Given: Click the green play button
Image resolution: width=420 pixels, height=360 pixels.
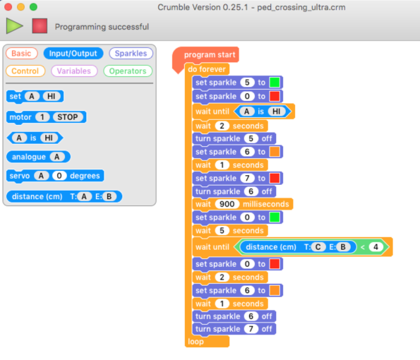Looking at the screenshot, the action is coord(14,26).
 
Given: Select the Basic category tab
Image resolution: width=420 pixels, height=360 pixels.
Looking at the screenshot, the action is coord(21,54).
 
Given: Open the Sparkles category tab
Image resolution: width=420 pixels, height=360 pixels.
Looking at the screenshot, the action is coord(131,54).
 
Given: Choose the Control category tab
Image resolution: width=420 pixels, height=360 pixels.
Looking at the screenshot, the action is coord(25,71).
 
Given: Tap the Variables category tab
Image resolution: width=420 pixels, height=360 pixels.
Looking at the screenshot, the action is coord(74,71).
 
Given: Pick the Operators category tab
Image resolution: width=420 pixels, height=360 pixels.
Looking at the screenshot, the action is coord(128,71).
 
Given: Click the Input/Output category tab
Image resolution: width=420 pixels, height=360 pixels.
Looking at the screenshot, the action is coord(73,54).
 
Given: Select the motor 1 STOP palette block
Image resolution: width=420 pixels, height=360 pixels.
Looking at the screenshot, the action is coord(46,117).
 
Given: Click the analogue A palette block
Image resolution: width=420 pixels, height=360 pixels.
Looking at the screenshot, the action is coord(38,157).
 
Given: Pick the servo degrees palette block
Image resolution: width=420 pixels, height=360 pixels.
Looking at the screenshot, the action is coord(55,176).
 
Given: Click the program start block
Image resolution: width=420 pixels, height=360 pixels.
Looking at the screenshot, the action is coord(205,55).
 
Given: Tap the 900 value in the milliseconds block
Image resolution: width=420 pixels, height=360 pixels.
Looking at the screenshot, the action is coord(227,204).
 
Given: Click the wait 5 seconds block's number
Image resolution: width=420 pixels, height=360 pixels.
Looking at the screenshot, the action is coord(222,231).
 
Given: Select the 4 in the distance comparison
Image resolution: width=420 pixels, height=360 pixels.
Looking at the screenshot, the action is coord(376,246).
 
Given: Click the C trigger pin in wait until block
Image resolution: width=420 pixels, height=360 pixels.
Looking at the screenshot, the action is coord(318,246).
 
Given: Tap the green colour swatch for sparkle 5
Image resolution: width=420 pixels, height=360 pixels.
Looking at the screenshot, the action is coord(275,83).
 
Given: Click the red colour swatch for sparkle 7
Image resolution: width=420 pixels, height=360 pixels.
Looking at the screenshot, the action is coord(275,178).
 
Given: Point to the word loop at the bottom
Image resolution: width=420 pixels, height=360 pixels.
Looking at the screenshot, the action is coord(196,342).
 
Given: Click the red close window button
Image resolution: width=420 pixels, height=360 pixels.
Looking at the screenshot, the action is coord(8,6).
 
